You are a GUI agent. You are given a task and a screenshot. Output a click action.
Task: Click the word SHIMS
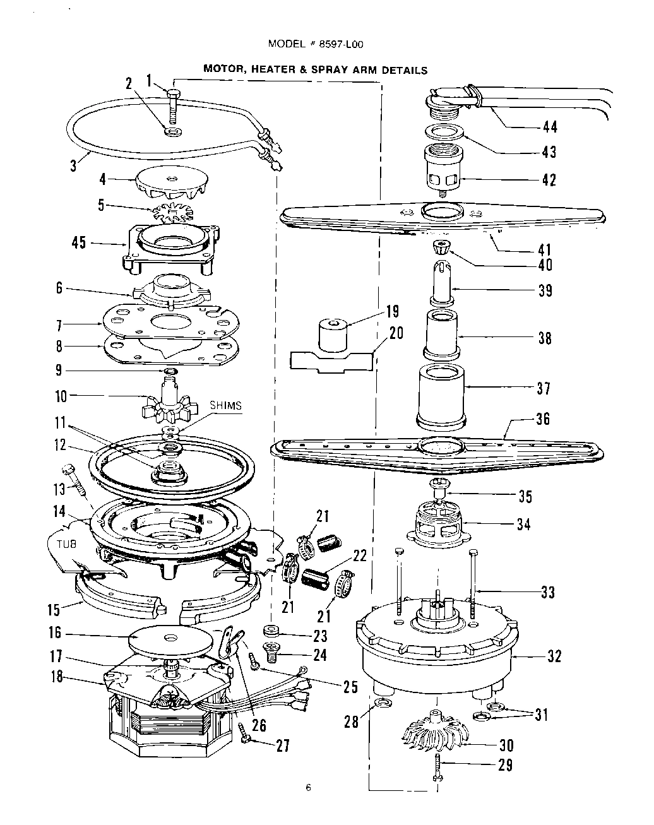225,406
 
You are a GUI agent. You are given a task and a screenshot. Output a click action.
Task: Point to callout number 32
554,656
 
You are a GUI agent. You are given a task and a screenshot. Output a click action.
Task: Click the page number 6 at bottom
308,786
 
